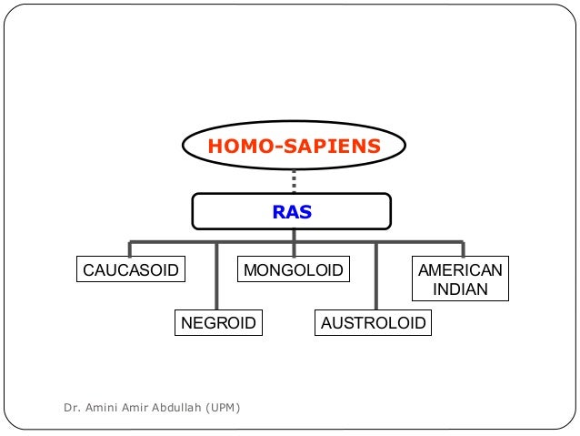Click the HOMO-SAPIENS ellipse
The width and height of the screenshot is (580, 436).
coord(294,146)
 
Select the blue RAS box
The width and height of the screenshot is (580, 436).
coord(292,212)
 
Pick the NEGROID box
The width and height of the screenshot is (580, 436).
coord(218,322)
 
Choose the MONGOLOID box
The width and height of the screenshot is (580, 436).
coord(293,270)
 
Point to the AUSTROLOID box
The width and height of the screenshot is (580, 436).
coord(374,322)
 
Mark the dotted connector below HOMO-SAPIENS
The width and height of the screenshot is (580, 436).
coord(294,181)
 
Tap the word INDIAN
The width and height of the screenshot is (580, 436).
coord(460,290)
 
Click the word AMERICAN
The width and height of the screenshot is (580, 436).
coord(460,270)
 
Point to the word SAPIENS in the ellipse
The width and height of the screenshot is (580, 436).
coord(329,146)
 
